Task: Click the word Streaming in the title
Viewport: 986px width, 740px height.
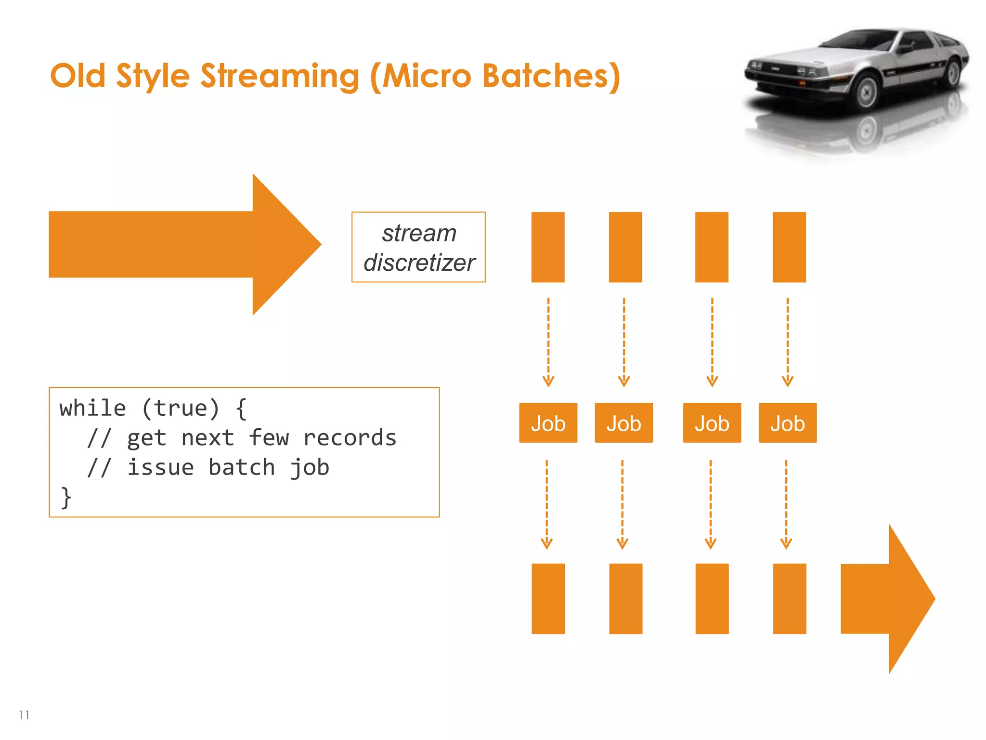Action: [279, 76]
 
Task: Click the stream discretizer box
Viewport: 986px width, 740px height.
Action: [418, 247]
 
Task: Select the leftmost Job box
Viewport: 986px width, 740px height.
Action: [548, 423]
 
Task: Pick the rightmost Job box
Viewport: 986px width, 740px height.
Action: [787, 423]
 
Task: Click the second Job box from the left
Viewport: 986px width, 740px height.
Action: [623, 423]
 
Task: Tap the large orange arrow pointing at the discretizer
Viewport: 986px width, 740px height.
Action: [183, 244]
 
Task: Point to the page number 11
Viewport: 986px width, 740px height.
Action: [24, 715]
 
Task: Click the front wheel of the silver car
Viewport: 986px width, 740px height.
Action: [867, 92]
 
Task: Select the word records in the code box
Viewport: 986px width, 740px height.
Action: [350, 438]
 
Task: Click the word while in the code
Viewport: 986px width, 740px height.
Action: [93, 409]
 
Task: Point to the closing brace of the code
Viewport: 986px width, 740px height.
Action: [66, 497]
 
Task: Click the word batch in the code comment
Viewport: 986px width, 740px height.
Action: [241, 468]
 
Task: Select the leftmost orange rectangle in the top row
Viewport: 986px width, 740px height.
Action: [548, 247]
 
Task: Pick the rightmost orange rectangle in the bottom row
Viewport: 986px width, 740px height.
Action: [789, 599]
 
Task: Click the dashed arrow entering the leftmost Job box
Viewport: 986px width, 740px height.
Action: [548, 342]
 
